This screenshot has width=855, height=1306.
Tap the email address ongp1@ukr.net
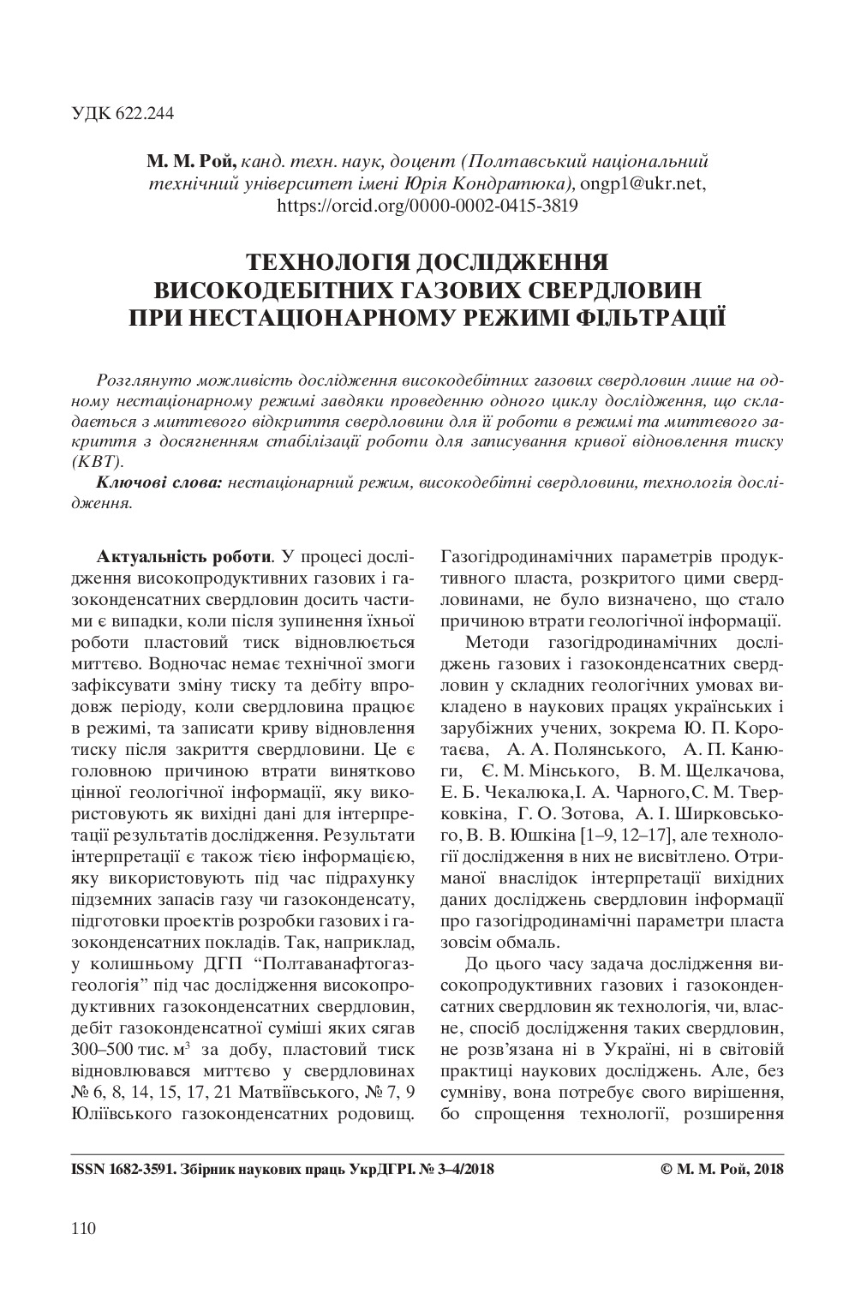pos(643,183)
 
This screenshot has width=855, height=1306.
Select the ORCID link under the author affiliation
pos(427,205)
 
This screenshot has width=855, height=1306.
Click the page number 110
pos(83,1229)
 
